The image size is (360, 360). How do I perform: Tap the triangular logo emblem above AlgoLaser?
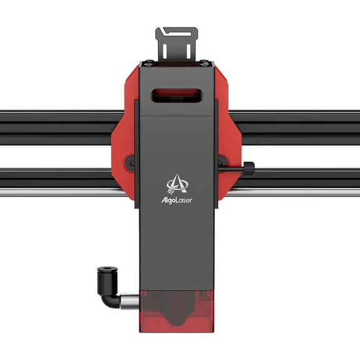tap(177, 183)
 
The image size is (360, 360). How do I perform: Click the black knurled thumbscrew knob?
tap(248, 168)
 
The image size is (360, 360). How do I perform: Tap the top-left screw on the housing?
tap(148, 62)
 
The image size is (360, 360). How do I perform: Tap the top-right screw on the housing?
tap(206, 62)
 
